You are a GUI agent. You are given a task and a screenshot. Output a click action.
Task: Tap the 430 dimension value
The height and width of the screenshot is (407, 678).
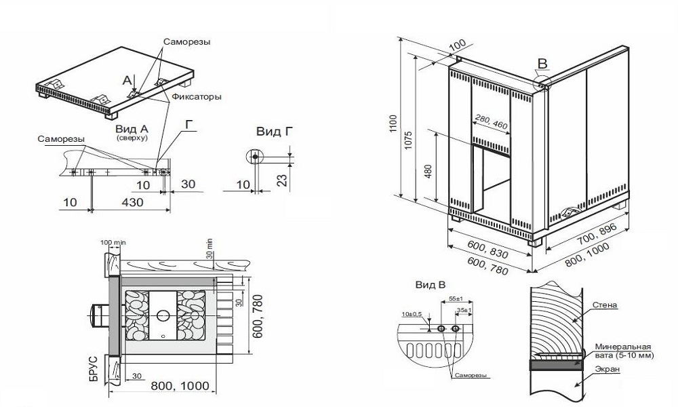click(132, 202)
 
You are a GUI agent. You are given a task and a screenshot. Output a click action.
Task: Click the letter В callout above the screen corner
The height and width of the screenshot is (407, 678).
click(541, 64)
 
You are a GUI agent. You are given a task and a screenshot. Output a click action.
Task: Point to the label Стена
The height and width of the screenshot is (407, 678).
click(604, 305)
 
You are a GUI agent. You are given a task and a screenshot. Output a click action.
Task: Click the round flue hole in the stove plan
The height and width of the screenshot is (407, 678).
click(162, 315)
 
